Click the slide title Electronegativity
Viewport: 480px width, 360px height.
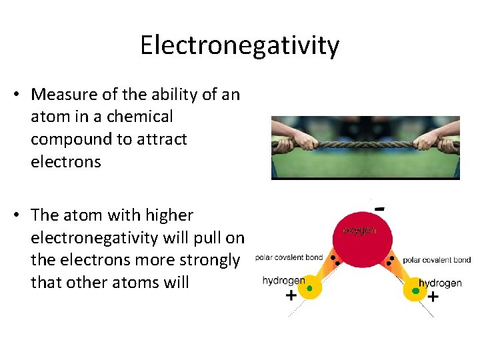(239, 45)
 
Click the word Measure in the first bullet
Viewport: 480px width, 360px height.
(63, 95)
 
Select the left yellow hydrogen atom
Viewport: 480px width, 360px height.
(309, 288)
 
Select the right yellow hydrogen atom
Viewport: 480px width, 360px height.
(416, 289)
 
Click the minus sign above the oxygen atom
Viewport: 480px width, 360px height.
(379, 208)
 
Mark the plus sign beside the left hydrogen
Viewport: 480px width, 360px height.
(291, 296)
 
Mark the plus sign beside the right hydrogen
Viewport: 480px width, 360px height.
(433, 297)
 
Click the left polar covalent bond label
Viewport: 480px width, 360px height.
(289, 258)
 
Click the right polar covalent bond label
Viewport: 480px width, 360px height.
(437, 260)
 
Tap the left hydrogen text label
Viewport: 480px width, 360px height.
(283, 281)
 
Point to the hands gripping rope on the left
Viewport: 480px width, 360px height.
(303, 141)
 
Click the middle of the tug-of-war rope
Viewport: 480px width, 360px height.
(365, 143)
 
